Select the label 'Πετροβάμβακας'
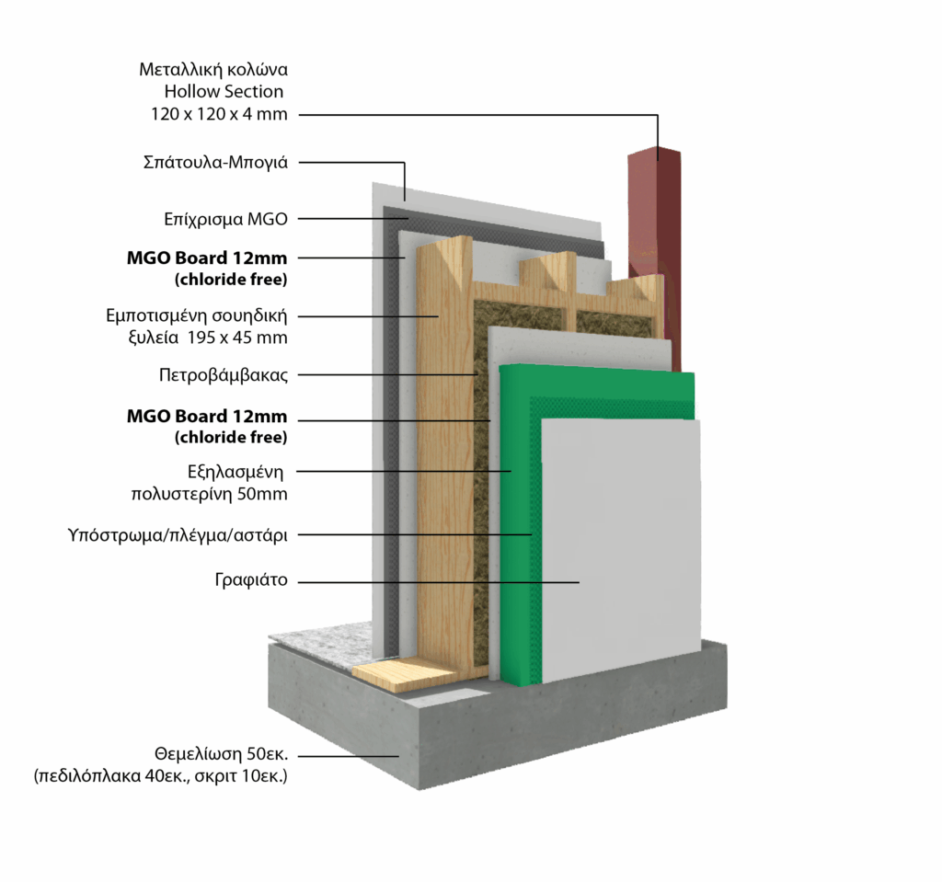(224, 375)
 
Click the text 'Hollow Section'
(224, 91)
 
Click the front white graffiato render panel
(621, 552)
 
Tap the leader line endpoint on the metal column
(658, 159)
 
